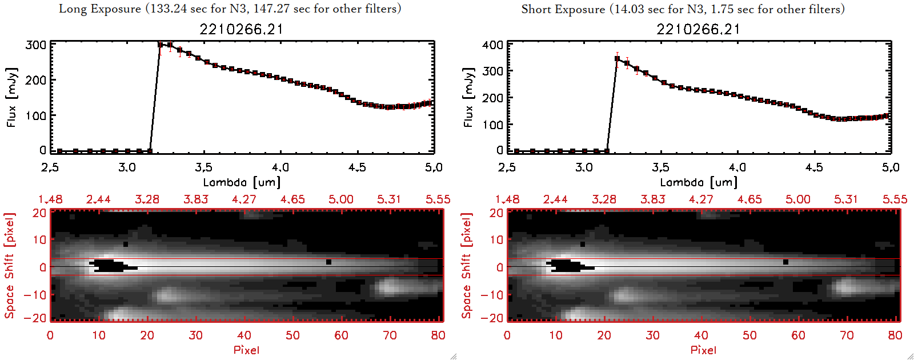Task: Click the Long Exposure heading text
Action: [x=230, y=9]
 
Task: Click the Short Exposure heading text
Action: [x=683, y=9]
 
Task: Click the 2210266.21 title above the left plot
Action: [x=241, y=29]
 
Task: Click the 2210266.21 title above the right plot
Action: [x=698, y=29]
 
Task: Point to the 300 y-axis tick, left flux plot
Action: [x=36, y=45]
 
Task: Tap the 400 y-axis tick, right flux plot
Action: [x=493, y=45]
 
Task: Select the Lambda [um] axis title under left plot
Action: [x=242, y=182]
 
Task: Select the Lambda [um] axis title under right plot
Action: [x=699, y=182]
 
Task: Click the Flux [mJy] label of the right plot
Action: [x=468, y=97]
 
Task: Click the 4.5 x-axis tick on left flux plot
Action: [x=357, y=167]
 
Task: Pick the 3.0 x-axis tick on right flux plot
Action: [x=584, y=167]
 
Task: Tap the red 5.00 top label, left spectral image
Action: [x=340, y=199]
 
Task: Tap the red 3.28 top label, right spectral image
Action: [x=604, y=199]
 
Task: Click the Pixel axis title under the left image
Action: [x=246, y=350]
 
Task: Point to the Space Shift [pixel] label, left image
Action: [x=9, y=266]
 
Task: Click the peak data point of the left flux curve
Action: [x=161, y=44]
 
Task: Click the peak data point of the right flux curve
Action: [x=617, y=58]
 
